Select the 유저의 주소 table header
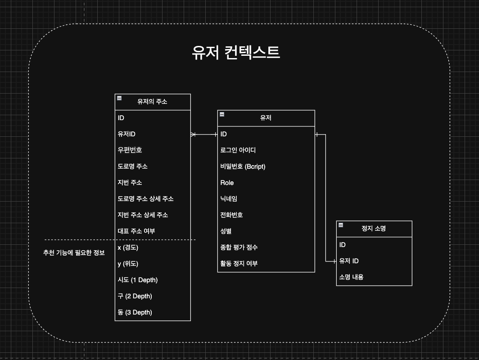153,102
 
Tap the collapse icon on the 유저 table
222,114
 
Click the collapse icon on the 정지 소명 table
341,225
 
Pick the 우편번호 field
130,150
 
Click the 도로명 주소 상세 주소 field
145,199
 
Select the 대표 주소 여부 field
136,231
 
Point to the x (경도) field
128,247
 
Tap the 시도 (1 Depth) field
138,280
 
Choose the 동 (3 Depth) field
135,312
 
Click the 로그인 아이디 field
238,150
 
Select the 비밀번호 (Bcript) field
243,166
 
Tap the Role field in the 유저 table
227,183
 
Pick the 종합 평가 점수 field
239,247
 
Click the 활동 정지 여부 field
239,264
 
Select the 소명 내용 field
351,277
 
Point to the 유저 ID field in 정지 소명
349,261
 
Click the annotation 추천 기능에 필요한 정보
74,252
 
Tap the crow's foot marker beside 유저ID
193,135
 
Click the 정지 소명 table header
374,229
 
